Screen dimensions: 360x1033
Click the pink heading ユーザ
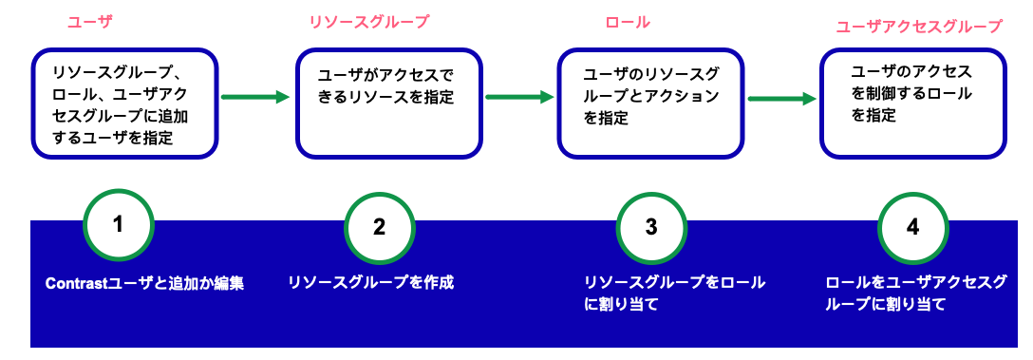(x=90, y=22)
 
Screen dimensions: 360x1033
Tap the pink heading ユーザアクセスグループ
(x=918, y=27)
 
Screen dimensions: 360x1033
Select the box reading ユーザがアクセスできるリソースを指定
(x=387, y=104)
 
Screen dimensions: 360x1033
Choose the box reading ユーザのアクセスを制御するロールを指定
(x=912, y=104)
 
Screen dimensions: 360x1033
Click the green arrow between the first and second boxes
(x=254, y=96)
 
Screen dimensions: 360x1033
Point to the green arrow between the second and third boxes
(x=518, y=96)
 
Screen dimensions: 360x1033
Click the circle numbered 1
(x=118, y=225)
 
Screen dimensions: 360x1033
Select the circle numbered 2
(x=379, y=227)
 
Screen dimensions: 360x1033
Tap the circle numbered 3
(x=650, y=227)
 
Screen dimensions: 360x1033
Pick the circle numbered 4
(x=912, y=227)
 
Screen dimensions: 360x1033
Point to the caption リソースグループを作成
(x=371, y=282)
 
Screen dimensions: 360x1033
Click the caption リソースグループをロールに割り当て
(x=675, y=294)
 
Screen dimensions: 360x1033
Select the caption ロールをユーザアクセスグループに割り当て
(x=915, y=294)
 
